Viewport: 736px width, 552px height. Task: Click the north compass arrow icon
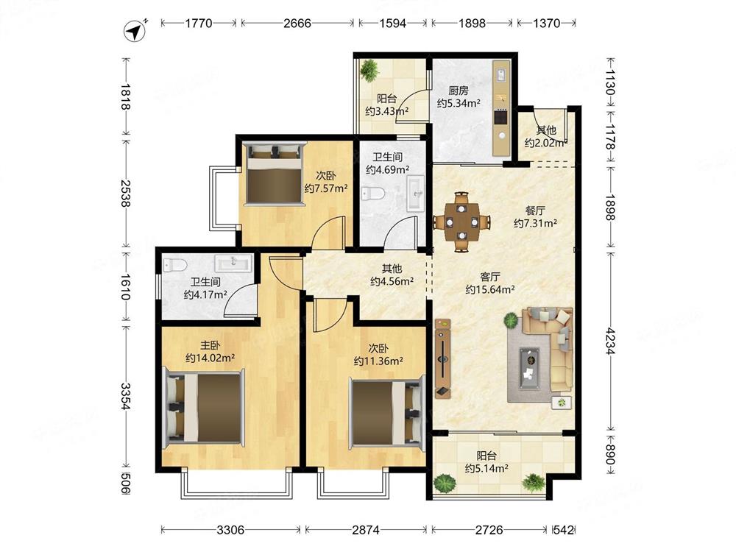pos(135,31)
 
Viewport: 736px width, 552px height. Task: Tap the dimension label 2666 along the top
pos(297,23)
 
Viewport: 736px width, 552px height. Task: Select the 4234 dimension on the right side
pos(609,342)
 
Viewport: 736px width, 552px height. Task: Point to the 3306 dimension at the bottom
pos(230,530)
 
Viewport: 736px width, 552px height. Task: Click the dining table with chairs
pos(462,222)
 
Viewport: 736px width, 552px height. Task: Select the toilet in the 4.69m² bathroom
pos(373,194)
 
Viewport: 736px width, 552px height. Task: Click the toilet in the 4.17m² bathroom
pos(174,265)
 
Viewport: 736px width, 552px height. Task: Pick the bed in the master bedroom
pos(204,407)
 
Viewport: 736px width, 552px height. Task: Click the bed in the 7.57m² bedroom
pos(274,174)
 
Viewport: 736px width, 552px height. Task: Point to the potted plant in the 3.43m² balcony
pos(369,71)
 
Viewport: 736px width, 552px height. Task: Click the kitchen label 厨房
pos(458,90)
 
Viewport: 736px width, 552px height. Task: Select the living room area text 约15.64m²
pos(489,289)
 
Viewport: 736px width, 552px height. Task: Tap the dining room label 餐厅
pos(535,210)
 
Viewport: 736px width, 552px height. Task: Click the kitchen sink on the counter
pos(500,75)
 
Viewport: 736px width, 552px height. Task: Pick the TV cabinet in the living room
pos(442,358)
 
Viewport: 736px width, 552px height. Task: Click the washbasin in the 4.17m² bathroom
pos(233,263)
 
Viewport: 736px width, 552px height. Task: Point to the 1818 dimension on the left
pos(125,96)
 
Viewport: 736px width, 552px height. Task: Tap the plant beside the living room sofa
pos(510,322)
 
